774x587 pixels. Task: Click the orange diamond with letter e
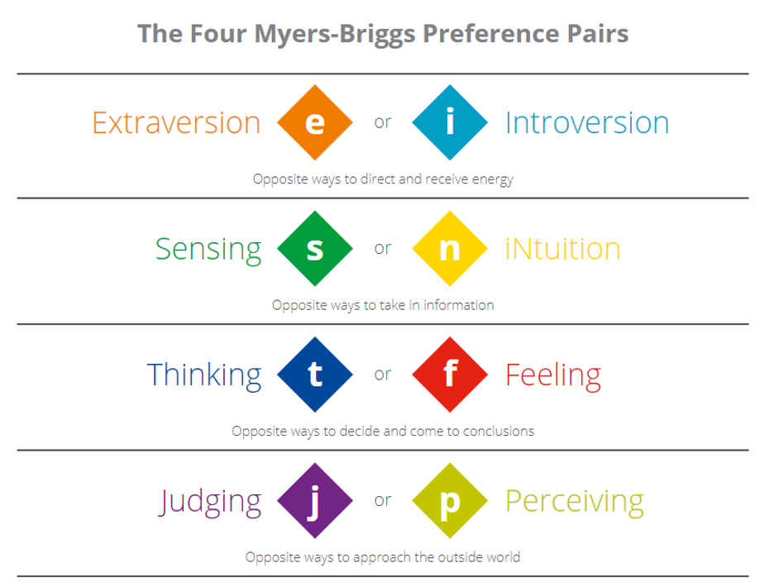(x=315, y=122)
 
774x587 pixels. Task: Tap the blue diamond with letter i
(x=450, y=122)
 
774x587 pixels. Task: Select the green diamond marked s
(x=315, y=248)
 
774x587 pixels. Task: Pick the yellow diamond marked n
(x=450, y=248)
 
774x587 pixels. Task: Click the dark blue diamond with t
(x=315, y=375)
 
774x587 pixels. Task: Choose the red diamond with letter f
(x=450, y=375)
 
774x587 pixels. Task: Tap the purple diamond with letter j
(x=315, y=500)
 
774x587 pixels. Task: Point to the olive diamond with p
(x=450, y=500)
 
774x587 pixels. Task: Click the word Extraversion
(x=176, y=122)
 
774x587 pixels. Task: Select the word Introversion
(x=587, y=122)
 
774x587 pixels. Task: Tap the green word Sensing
(x=208, y=250)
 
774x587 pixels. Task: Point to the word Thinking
(x=204, y=375)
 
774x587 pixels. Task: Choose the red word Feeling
(x=553, y=376)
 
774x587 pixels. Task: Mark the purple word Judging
(x=210, y=502)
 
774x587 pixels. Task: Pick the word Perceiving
(x=575, y=502)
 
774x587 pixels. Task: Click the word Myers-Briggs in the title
(x=335, y=35)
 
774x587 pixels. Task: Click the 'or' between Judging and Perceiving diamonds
(x=383, y=500)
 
